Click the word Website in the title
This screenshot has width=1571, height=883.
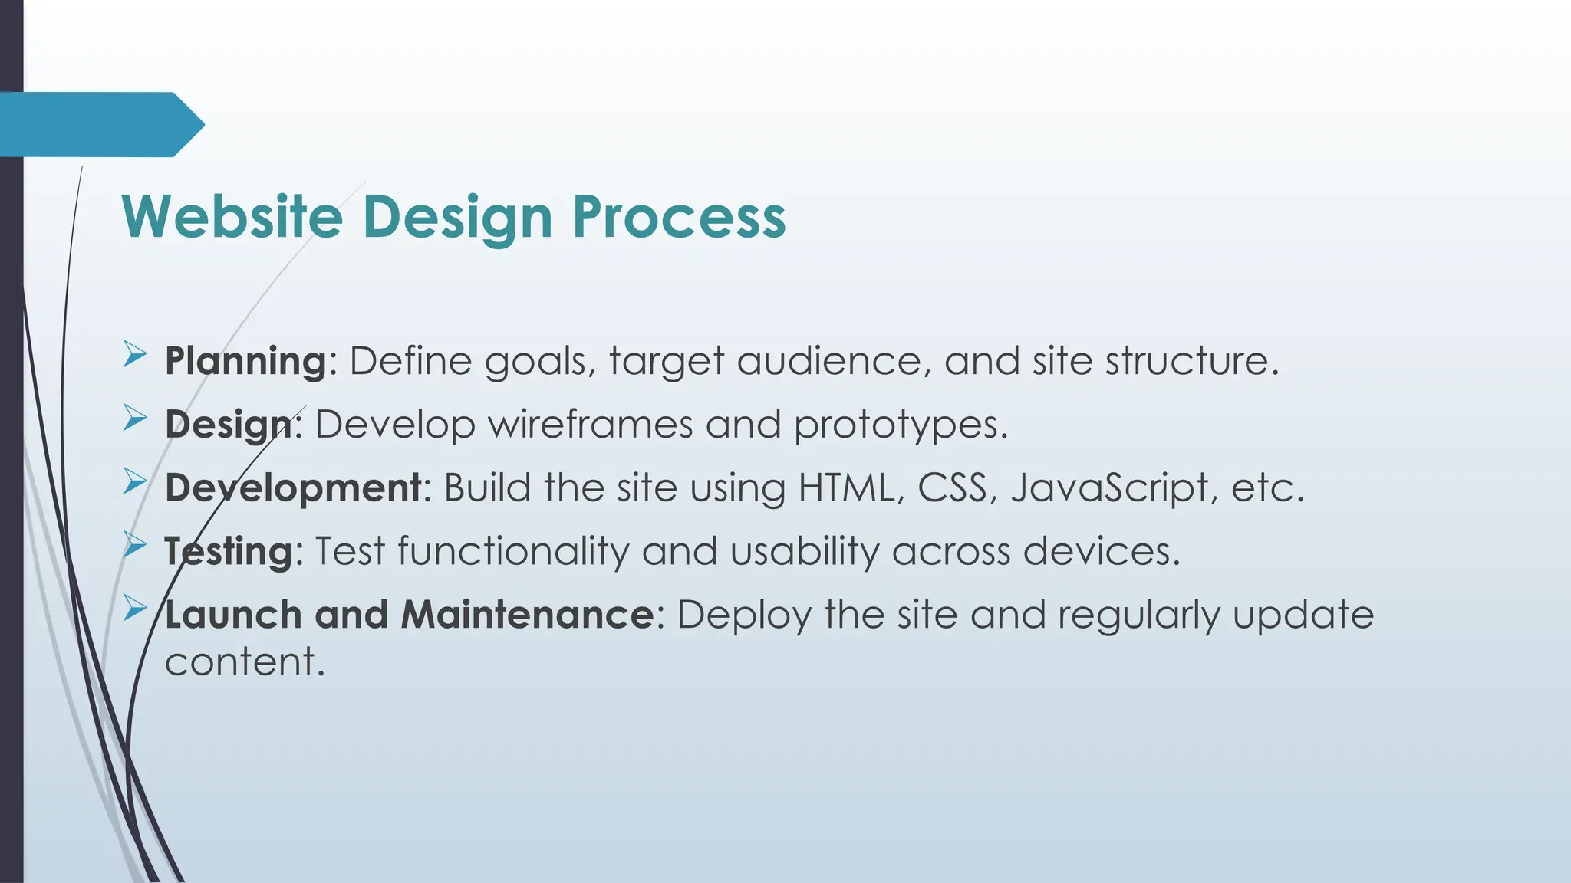pyautogui.click(x=232, y=217)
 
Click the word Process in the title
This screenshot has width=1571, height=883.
pyautogui.click(x=679, y=217)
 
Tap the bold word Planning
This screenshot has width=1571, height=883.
pyautogui.click(x=246, y=361)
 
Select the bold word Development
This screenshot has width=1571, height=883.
pyautogui.click(x=293, y=487)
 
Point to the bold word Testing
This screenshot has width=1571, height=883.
pyautogui.click(x=229, y=551)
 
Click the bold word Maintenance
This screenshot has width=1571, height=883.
pyautogui.click(x=527, y=615)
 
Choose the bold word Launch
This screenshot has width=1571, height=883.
pyautogui.click(x=233, y=615)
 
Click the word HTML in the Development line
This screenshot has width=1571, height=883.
pyautogui.click(x=845, y=487)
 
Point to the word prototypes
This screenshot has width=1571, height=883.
pyautogui.click(x=899, y=425)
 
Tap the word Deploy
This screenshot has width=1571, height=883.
pyautogui.click(x=743, y=615)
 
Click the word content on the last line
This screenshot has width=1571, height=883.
pyautogui.click(x=244, y=661)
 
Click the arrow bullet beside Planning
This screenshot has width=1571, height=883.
pyautogui.click(x=135, y=355)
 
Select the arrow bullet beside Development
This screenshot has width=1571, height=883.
pyautogui.click(x=135, y=481)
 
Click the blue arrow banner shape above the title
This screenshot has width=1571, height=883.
pyautogui.click(x=100, y=124)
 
